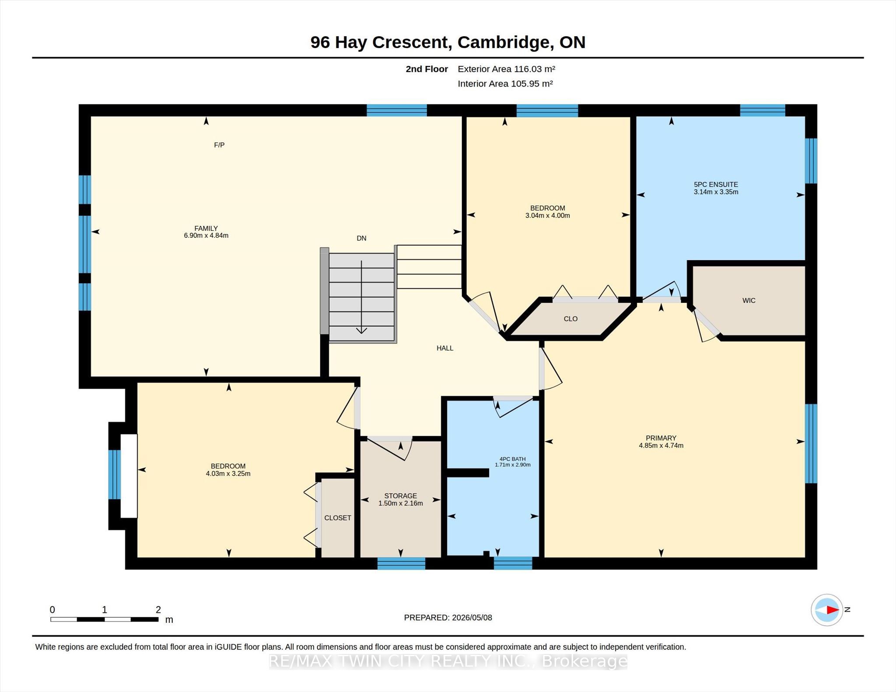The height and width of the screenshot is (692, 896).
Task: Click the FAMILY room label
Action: click(206, 228)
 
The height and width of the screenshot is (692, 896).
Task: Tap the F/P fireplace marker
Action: click(219, 145)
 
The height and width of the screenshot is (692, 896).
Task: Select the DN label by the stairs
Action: click(361, 238)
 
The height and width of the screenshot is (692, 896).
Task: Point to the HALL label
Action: click(445, 348)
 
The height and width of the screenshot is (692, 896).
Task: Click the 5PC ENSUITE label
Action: click(716, 184)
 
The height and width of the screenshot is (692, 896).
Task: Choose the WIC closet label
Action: click(749, 300)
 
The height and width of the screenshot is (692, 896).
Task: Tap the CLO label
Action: click(570, 319)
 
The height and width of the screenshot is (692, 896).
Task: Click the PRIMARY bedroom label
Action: click(661, 438)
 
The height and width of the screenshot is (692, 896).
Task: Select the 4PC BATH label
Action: click(513, 459)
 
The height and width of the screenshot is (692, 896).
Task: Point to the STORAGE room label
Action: click(401, 496)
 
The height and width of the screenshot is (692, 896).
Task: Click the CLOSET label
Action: click(338, 518)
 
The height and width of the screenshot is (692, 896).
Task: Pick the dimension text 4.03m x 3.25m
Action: click(228, 473)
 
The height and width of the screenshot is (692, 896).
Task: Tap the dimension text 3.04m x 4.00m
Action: click(547, 216)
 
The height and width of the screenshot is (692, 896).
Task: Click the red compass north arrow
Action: click(833, 610)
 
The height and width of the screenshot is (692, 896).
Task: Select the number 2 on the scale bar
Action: click(158, 609)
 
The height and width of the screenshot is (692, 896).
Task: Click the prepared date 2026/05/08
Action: click(472, 618)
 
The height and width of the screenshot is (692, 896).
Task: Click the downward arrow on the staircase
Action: click(361, 297)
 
